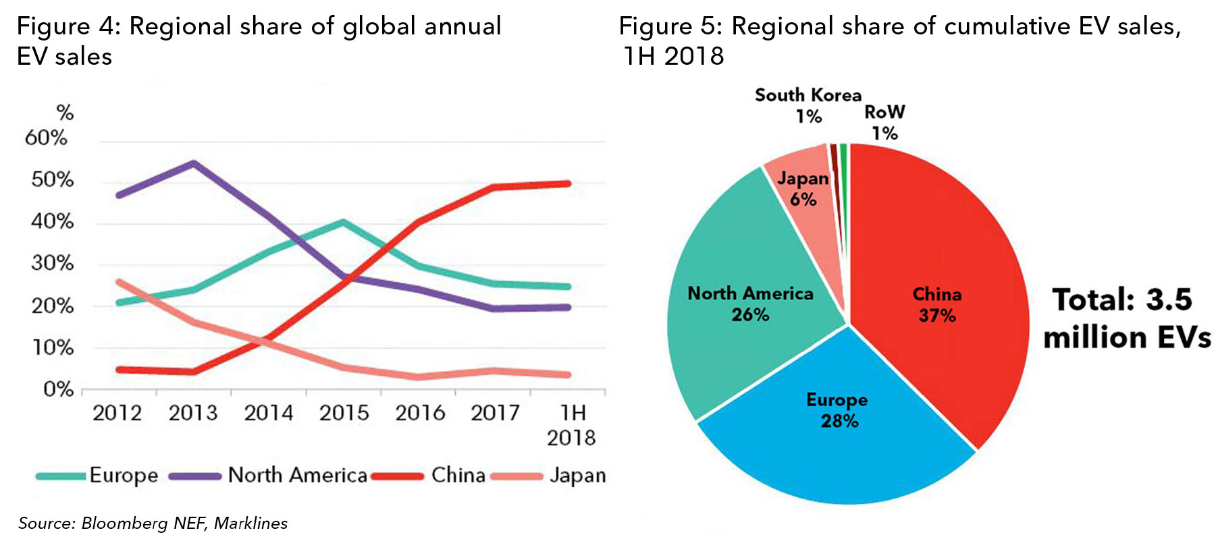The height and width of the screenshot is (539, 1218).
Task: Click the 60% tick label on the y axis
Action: (46, 138)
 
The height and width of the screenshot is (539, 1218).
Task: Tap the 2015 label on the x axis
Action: (344, 413)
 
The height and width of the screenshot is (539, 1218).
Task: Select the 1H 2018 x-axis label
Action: (571, 425)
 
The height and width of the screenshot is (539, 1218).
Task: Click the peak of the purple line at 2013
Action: (193, 163)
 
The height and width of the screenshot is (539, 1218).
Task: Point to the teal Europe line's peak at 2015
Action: (343, 221)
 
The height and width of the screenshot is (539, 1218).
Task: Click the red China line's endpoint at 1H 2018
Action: (568, 183)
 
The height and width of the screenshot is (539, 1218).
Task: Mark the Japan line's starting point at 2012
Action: (119, 282)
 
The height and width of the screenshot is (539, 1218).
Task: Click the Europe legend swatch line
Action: (61, 476)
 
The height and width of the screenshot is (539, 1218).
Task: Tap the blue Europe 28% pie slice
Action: (837, 432)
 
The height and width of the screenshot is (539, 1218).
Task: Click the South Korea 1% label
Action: (807, 105)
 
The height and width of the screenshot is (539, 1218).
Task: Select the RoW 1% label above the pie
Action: (884, 122)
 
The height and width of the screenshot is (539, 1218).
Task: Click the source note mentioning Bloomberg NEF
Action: (153, 523)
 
